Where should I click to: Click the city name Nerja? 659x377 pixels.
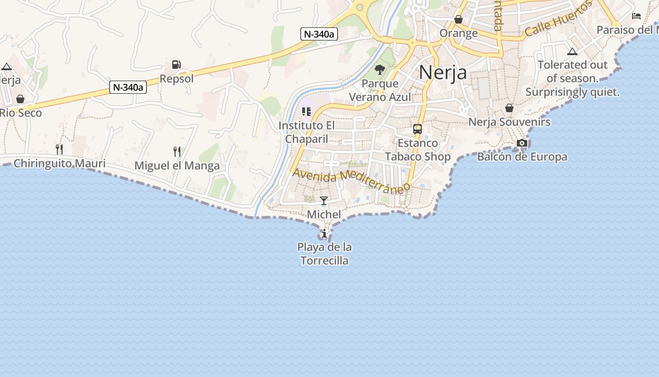(x=442, y=73)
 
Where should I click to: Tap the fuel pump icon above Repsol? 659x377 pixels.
(x=177, y=65)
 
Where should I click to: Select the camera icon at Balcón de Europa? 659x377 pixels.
(x=522, y=143)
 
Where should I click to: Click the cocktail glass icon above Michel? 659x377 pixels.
(x=324, y=201)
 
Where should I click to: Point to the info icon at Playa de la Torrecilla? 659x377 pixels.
(x=324, y=233)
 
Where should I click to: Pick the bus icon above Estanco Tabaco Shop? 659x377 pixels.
(x=417, y=129)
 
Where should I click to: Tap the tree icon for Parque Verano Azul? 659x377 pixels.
(x=380, y=70)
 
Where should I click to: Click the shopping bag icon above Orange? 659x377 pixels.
(x=458, y=19)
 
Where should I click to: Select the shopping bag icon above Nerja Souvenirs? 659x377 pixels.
(x=509, y=108)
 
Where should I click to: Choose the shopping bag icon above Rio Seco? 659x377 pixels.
(x=20, y=99)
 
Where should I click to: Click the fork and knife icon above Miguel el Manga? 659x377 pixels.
(x=177, y=152)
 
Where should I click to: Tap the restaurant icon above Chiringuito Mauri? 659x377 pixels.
(x=59, y=149)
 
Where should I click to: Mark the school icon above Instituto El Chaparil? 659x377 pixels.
(x=306, y=112)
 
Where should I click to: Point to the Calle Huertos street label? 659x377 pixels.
(x=558, y=20)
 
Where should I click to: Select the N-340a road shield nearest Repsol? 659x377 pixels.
(x=128, y=87)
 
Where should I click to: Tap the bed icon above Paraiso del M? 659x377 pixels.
(x=636, y=16)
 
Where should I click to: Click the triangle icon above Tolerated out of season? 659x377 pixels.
(x=572, y=51)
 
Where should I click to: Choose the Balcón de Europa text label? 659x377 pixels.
(x=522, y=157)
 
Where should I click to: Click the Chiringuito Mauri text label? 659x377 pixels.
(x=59, y=164)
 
